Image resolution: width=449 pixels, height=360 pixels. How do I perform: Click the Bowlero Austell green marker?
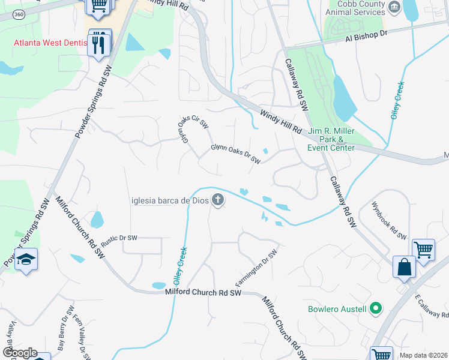click(x=376, y=309)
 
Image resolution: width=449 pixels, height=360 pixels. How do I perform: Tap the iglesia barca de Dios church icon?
click(x=218, y=200)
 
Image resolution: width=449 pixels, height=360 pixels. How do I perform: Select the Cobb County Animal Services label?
click(x=354, y=8)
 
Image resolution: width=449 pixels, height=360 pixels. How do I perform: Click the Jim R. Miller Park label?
click(x=331, y=139)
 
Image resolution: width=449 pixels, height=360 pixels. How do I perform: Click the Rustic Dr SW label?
click(x=119, y=238)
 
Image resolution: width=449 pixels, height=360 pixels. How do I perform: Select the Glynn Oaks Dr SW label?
click(x=236, y=153)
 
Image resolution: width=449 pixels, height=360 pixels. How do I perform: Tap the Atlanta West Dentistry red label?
click(x=50, y=43)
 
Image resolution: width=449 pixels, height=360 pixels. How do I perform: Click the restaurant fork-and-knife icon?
click(x=99, y=44)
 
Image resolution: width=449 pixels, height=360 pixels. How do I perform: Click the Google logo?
click(x=19, y=353)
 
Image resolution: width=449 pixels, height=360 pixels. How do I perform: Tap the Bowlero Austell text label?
click(x=337, y=309)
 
